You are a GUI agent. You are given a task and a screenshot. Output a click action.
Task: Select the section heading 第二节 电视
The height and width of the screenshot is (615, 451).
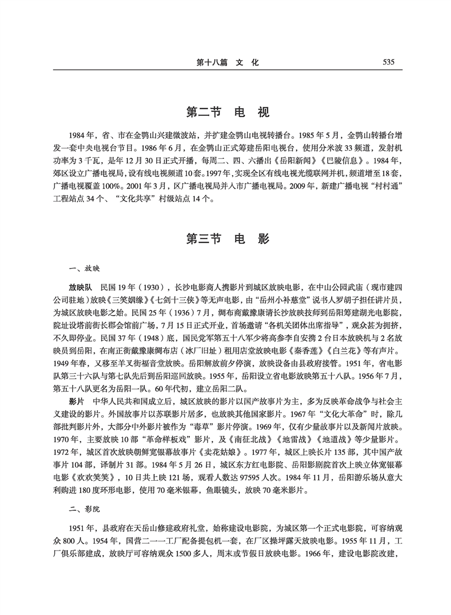[x=227, y=112]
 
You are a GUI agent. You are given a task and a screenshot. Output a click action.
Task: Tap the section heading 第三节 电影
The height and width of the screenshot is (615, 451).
[x=227, y=238]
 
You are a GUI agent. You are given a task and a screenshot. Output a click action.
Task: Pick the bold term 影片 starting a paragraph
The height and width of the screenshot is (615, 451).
[x=76, y=401]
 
